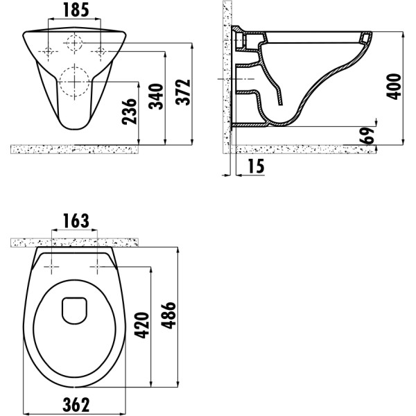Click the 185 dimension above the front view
[x=73, y=10]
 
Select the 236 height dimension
[x=130, y=109]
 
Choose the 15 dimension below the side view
[x=254, y=166]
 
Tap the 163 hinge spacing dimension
[x=75, y=221]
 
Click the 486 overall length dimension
[x=169, y=318]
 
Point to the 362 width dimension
[x=75, y=402]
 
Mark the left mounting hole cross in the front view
[x=48, y=51]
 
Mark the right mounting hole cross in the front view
[x=99, y=51]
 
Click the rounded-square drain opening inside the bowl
[x=73, y=310]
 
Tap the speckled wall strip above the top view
[x=75, y=241]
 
